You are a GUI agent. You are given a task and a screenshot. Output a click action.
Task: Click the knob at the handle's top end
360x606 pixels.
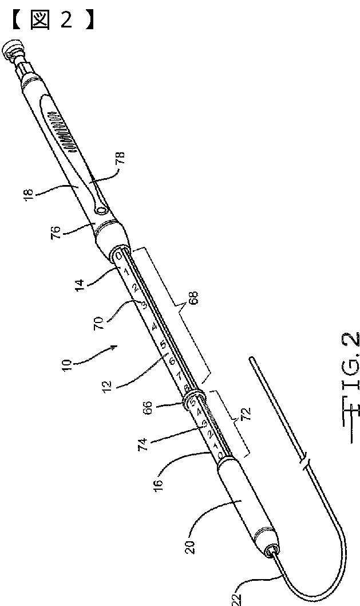pyautogui.click(x=12, y=50)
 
